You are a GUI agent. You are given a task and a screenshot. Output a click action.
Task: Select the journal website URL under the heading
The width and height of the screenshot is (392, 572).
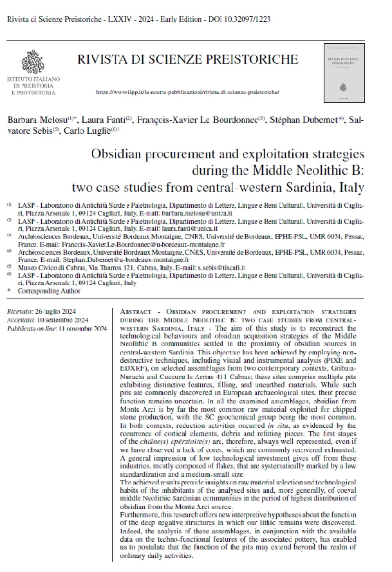tap(187, 93)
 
